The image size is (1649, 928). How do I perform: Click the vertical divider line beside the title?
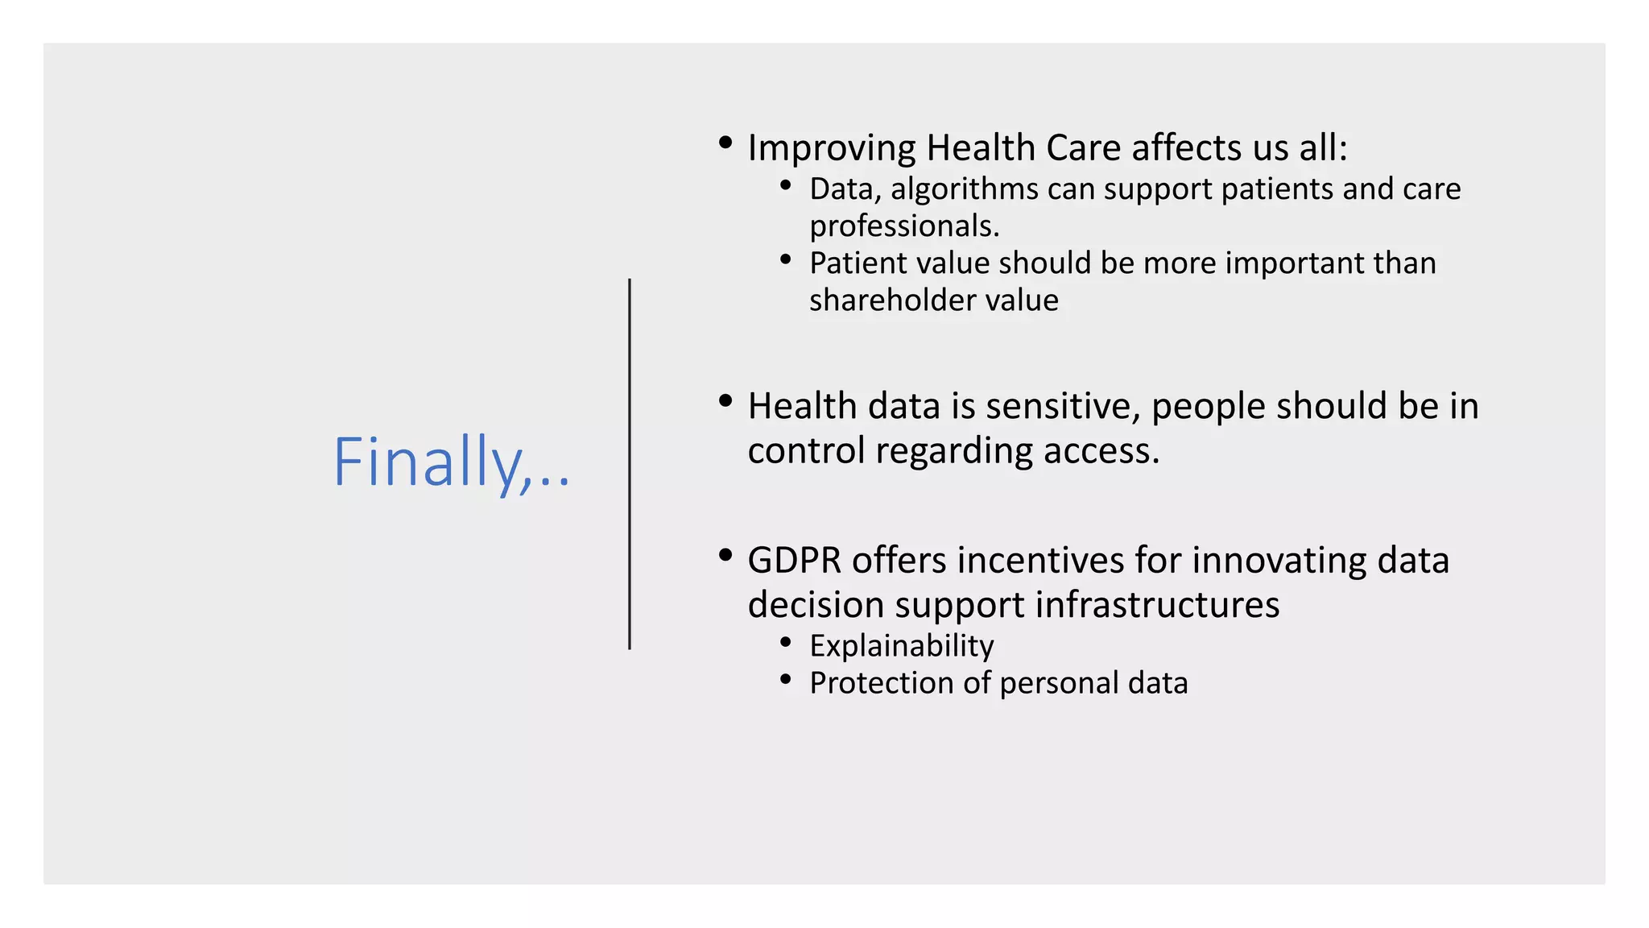click(x=630, y=464)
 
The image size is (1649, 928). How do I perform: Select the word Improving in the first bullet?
click(x=831, y=149)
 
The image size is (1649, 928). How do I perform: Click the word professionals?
click(x=903, y=226)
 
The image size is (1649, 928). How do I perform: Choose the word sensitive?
click(x=1062, y=406)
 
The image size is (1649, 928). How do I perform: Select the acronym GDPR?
click(x=794, y=561)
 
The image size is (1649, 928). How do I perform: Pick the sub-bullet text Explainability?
click(x=901, y=646)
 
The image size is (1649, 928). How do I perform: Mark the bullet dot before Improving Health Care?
click(x=725, y=143)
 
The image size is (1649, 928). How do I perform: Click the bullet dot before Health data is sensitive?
click(x=725, y=400)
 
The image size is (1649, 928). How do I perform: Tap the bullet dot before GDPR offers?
click(x=725, y=555)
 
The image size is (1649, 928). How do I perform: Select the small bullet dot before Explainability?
click(x=786, y=642)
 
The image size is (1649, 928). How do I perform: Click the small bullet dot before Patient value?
click(x=786, y=259)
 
